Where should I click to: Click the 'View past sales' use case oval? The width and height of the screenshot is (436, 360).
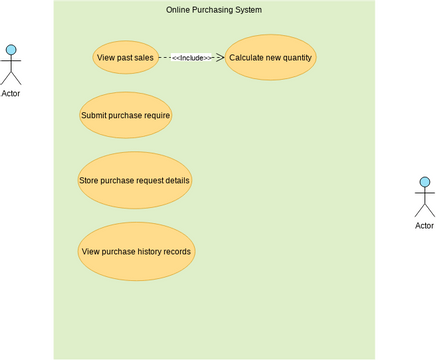[125, 58]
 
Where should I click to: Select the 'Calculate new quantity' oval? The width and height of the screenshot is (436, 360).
[271, 58]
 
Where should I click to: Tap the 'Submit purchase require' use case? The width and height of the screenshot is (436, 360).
[125, 115]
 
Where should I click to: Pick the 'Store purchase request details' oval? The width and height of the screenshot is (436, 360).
[134, 181]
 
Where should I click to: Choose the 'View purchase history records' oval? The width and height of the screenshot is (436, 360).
[136, 251]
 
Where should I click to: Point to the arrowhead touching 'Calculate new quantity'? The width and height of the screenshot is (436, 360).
[220, 58]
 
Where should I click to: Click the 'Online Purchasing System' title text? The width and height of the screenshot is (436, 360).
[214, 9]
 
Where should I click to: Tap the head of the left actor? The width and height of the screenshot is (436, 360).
[11, 50]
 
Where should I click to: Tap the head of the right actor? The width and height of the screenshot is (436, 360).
[424, 182]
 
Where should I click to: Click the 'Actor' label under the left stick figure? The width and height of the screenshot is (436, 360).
[11, 93]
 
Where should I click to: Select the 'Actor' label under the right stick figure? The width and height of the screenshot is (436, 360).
[424, 225]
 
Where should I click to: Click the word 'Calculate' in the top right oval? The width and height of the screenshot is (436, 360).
[247, 58]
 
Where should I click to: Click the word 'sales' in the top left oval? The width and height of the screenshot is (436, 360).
[143, 58]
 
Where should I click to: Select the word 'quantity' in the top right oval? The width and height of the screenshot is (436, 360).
[295, 58]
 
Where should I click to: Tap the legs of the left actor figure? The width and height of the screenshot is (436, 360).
[11, 78]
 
